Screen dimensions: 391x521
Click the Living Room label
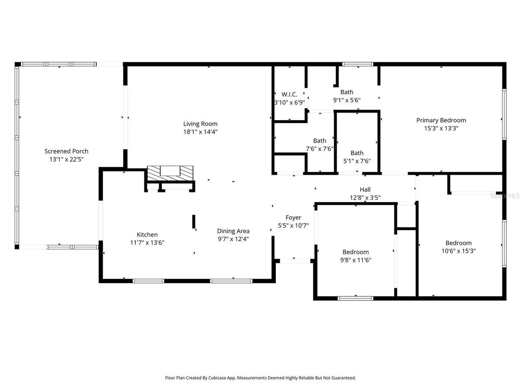(200, 124)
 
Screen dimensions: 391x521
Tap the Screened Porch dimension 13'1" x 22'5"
(66, 159)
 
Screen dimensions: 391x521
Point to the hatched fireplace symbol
(170, 172)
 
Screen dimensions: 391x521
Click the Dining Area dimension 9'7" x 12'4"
(233, 239)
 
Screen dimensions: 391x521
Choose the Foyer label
(293, 217)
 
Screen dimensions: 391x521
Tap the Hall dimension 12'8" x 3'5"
(365, 198)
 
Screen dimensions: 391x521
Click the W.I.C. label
(289, 94)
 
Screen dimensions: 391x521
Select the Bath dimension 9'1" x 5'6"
(346, 100)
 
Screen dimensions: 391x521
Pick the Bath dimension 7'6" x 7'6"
(320, 149)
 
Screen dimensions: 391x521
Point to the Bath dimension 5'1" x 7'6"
(357, 161)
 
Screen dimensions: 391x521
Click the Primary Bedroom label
(441, 120)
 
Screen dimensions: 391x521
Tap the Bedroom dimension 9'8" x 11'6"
(355, 260)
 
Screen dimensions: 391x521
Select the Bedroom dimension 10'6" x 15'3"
(458, 250)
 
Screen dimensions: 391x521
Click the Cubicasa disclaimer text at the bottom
(260, 378)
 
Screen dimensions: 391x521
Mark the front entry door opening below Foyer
(295, 261)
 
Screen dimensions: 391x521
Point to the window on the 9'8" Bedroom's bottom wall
(356, 298)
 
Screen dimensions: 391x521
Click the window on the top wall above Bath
(357, 64)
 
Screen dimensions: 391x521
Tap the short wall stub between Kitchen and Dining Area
(194, 222)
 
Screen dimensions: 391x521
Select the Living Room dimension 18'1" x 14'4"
(200, 132)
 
